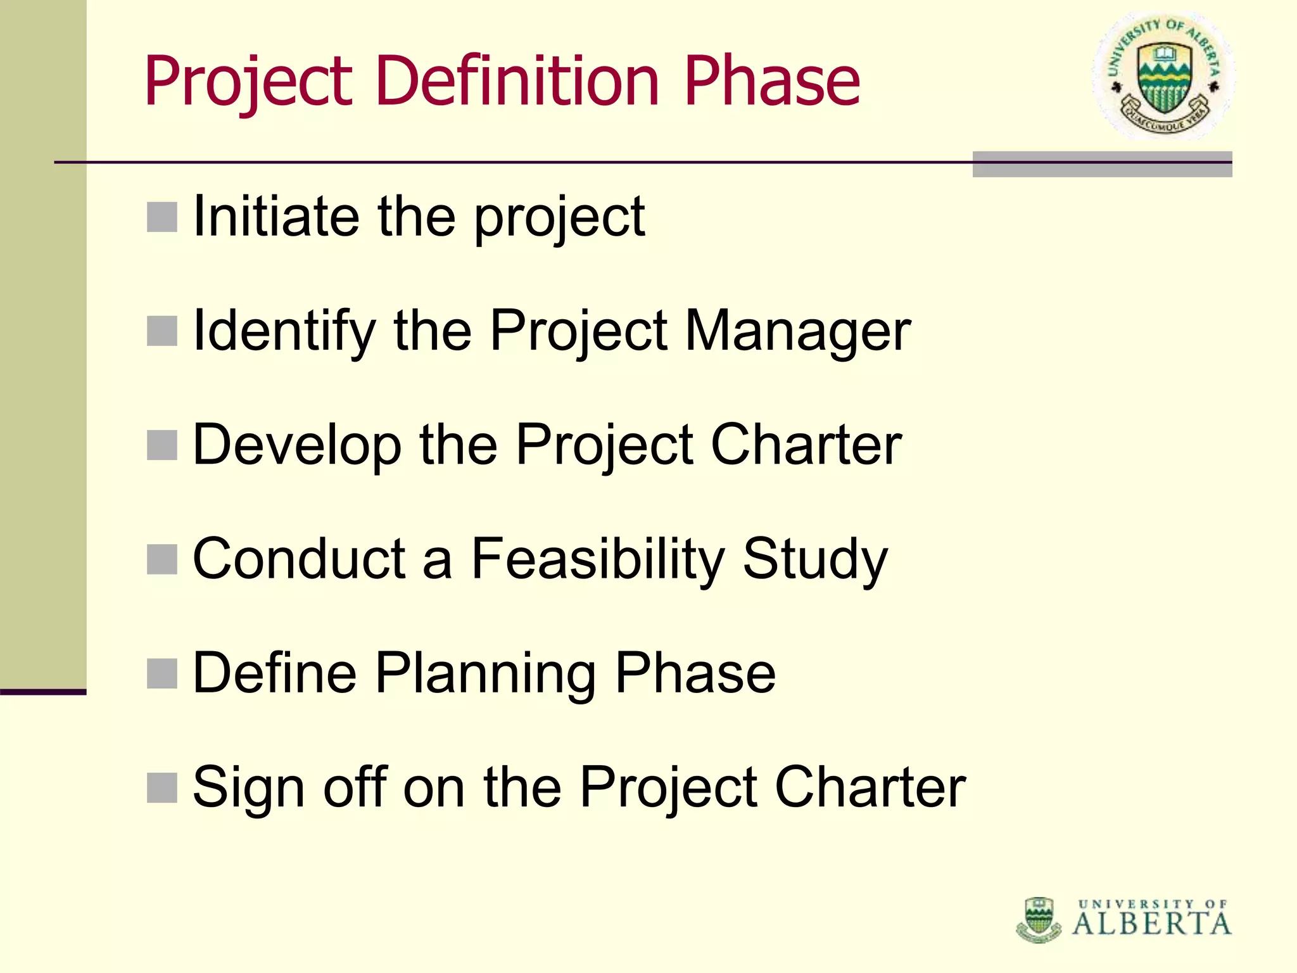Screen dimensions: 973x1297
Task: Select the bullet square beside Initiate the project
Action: tap(162, 217)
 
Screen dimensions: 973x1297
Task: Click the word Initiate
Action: tap(276, 217)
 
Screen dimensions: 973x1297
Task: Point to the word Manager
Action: tap(798, 332)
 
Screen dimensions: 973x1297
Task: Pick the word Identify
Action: tap(284, 332)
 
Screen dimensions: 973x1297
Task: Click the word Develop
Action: tap(297, 445)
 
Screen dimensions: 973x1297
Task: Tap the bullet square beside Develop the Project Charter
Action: tap(162, 445)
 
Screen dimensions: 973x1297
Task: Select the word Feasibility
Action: tap(598, 559)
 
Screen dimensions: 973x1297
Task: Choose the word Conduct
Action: tap(299, 559)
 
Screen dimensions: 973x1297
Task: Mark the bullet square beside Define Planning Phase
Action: tap(162, 673)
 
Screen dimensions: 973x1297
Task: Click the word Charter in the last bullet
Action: tap(870, 787)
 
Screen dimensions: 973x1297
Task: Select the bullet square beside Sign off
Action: tap(162, 787)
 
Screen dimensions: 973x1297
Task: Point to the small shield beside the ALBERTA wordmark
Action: tap(1039, 919)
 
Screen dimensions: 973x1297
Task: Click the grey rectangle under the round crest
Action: tap(1102, 165)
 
